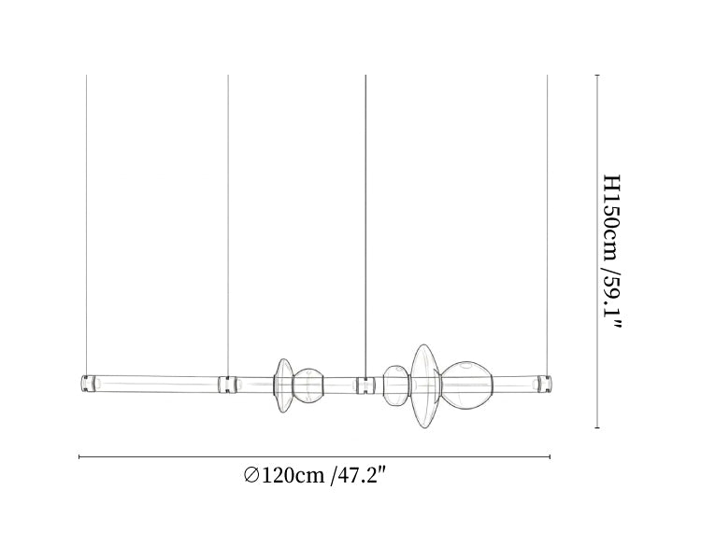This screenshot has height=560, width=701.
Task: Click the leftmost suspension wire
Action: [x=86, y=225]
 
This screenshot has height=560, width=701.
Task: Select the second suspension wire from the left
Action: [x=228, y=225]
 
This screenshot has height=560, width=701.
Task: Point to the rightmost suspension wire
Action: [x=547, y=225]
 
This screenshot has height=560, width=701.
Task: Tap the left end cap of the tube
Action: [x=88, y=384]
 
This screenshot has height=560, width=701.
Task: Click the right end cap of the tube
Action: [x=545, y=384]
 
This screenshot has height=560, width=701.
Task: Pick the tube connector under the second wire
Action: [x=227, y=385]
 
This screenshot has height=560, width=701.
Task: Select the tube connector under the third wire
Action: [x=365, y=385]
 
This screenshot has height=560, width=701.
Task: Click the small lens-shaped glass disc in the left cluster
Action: [x=283, y=385]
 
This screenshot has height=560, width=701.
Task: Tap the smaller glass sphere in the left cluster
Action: [x=308, y=385]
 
